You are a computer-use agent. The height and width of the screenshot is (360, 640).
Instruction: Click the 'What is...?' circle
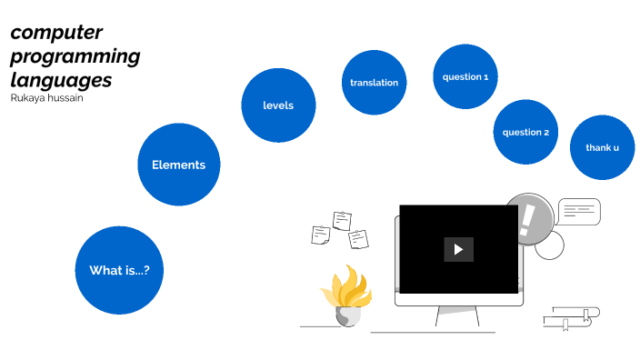coord(119,270)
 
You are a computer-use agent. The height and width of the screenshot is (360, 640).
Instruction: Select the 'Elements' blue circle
coord(178,165)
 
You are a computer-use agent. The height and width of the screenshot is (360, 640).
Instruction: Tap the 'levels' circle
coord(278,105)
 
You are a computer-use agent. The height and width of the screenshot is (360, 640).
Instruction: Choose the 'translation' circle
coord(374,83)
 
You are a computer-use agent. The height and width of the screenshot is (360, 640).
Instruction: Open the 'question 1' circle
coord(465,76)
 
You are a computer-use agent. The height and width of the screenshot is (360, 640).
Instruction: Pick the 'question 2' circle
coord(525,132)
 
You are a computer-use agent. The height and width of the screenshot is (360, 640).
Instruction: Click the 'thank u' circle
coord(602,147)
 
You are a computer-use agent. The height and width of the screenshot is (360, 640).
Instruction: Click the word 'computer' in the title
coord(56,33)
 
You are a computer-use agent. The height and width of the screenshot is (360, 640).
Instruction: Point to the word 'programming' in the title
coord(75,56)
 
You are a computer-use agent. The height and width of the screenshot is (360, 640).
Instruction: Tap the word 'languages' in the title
coord(61,80)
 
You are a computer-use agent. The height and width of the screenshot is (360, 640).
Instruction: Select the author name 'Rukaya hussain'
coord(46,98)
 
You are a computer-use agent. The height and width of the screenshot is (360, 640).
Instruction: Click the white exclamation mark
coord(526,219)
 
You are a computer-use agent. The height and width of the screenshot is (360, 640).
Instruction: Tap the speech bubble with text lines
coord(579,212)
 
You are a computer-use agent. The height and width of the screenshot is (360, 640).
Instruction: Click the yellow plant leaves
coord(345,287)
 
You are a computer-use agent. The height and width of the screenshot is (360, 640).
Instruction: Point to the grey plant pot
coord(348,315)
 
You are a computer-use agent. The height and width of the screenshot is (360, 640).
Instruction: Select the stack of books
coord(571,318)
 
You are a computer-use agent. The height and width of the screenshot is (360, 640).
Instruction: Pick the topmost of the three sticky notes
coord(342,220)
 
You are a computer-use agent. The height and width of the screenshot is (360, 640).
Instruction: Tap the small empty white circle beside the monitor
coord(549,245)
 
